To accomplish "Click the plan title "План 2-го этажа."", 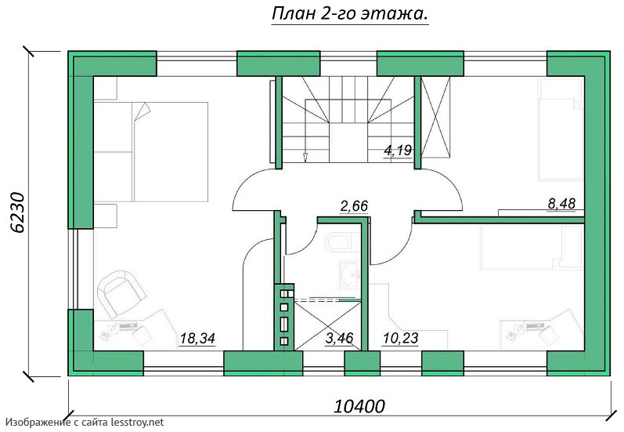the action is point(350,14).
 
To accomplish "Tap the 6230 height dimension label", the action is point(17,212).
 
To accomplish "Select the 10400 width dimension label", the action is point(359,406).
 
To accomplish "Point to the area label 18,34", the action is point(197,339).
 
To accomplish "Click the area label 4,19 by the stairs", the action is point(398,151).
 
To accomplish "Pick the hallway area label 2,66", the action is point(354,206).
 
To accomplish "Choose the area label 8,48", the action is point(561,203).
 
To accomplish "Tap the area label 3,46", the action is point(340,338).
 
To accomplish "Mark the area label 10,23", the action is point(400,338).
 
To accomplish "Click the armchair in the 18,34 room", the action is point(121,292).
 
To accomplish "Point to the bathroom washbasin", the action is point(349,274).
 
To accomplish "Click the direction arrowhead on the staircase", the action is point(305,158).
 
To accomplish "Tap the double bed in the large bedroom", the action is point(151,152).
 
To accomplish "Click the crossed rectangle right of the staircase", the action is point(436,117).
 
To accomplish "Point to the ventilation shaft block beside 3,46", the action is point(284,318).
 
